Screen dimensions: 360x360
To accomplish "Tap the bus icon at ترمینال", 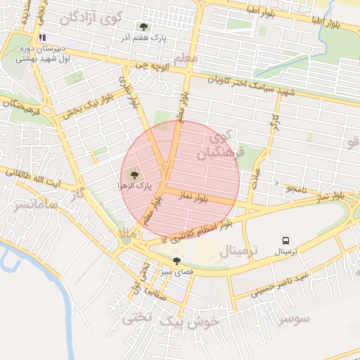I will click(285, 240).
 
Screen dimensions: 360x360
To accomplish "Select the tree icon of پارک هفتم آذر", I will click(143, 27).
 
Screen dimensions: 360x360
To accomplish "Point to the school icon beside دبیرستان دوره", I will click(42, 37).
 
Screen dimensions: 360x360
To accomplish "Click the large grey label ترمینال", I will click(239, 250).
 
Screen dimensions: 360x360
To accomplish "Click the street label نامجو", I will click(296, 188).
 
